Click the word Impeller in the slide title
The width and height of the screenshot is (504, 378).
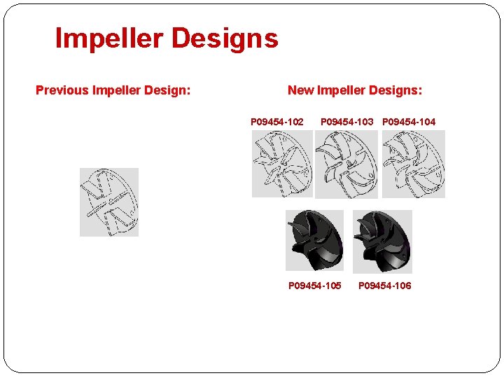108,38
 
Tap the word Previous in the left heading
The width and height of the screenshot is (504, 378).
62,90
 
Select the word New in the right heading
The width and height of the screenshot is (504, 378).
300,90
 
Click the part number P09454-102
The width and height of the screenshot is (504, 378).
277,122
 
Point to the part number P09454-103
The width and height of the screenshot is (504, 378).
347,122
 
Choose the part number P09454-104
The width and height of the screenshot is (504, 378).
409,122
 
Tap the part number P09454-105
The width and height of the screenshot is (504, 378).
315,286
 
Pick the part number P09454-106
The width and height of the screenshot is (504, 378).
385,286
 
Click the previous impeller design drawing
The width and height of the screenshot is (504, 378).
109,202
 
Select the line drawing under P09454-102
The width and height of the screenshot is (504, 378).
282,164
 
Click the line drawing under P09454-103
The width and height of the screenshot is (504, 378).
346,164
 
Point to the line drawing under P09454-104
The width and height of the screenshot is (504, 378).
413,164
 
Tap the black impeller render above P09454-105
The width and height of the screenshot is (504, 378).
315,240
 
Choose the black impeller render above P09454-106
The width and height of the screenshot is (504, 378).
382,241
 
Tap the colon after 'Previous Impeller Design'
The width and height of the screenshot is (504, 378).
188,91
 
